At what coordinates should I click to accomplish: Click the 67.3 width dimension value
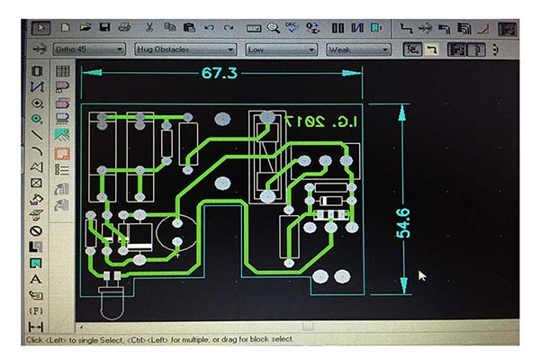click(x=219, y=73)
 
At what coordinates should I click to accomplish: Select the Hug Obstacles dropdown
click(x=185, y=49)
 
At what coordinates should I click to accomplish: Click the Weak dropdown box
click(x=358, y=49)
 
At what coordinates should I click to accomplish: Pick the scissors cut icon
click(x=148, y=27)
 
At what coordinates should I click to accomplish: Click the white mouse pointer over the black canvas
click(x=422, y=275)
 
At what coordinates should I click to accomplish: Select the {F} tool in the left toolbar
click(x=37, y=310)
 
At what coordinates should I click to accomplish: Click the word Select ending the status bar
click(x=278, y=339)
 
